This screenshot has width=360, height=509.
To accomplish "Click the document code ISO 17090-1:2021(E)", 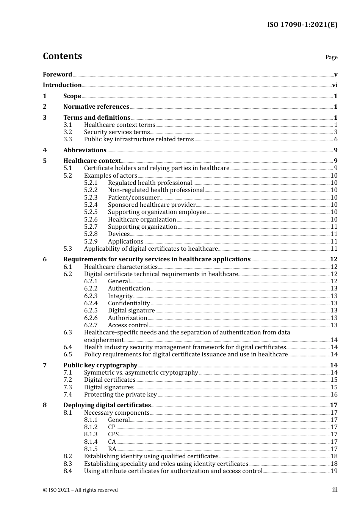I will click(x=302, y=25).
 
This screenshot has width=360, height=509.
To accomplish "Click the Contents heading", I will click(x=62, y=56).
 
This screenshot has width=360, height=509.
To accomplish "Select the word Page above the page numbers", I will click(x=331, y=57).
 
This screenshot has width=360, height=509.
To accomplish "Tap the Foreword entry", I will click(x=57, y=74).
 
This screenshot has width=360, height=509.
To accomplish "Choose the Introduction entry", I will click(x=62, y=85).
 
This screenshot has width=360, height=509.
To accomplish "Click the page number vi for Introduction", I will click(x=335, y=85).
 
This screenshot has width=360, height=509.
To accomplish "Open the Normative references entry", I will click(x=96, y=106).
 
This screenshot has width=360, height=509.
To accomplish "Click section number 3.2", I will click(x=67, y=132).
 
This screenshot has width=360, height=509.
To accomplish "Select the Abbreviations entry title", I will click(x=85, y=150).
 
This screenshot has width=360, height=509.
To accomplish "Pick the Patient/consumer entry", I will click(x=133, y=197).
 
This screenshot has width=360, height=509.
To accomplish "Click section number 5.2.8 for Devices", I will click(x=91, y=234).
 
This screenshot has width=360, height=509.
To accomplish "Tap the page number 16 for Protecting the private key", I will click(x=334, y=394).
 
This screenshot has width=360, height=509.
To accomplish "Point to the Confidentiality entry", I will click(x=129, y=303).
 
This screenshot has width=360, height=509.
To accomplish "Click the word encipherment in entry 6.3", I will click(x=104, y=340).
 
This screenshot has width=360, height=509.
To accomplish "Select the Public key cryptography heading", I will click(x=100, y=365).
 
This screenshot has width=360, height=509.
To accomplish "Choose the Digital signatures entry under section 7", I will click(x=109, y=387).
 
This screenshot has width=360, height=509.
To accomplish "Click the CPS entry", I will click(x=113, y=434).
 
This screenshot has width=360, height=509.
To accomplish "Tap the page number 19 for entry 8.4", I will click(x=334, y=471).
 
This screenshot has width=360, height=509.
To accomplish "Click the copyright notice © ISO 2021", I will click(x=80, y=490).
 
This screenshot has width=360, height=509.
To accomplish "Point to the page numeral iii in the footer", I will click(x=335, y=490).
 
